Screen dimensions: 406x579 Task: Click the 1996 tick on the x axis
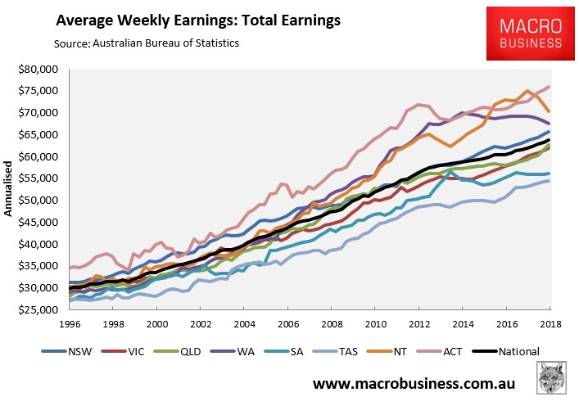pyautogui.click(x=70, y=323)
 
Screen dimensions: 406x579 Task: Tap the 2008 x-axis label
pyautogui.click(x=330, y=323)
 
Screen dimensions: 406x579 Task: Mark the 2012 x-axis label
pyautogui.click(x=418, y=323)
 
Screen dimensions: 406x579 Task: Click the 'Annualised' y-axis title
pyautogui.click(x=9, y=190)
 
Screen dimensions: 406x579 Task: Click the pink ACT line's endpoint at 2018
pyautogui.click(x=548, y=87)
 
